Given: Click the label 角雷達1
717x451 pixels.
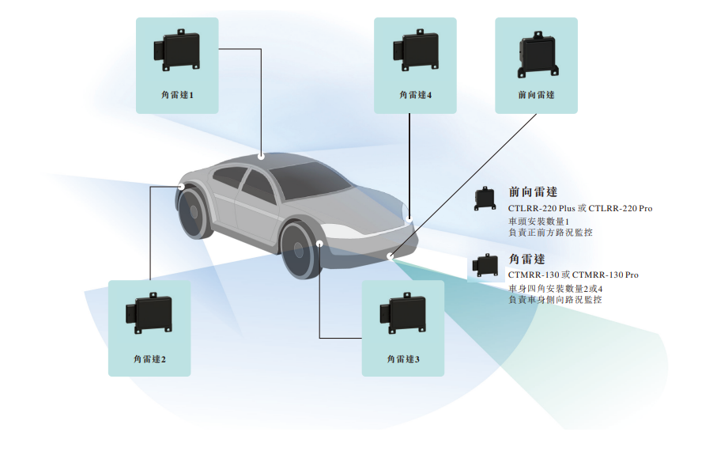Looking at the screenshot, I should click(x=177, y=95).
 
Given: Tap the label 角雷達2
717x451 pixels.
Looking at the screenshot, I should click(x=149, y=358).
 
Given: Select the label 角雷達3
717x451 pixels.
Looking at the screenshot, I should click(x=403, y=358).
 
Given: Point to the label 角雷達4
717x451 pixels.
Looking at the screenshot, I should click(x=416, y=95).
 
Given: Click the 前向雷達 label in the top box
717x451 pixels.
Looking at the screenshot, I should click(x=536, y=95).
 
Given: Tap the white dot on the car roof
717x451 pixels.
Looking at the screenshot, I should click(x=262, y=156).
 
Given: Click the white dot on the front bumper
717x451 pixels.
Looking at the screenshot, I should click(x=390, y=256).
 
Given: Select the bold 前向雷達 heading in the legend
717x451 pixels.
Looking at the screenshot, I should click(x=533, y=191).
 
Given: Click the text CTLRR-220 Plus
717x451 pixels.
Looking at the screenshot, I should click(x=541, y=208).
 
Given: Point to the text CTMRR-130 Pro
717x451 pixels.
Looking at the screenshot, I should click(x=605, y=275).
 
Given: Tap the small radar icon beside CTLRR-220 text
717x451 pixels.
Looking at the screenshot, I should click(x=484, y=199).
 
